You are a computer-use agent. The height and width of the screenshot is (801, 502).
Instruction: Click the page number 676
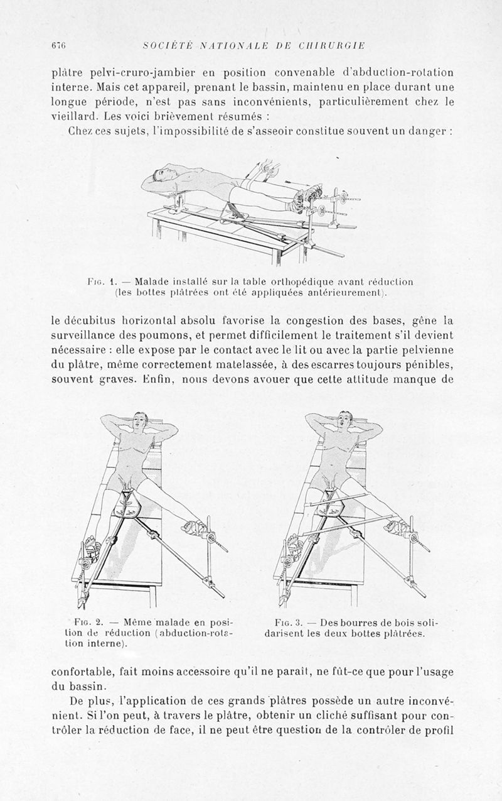59,45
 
